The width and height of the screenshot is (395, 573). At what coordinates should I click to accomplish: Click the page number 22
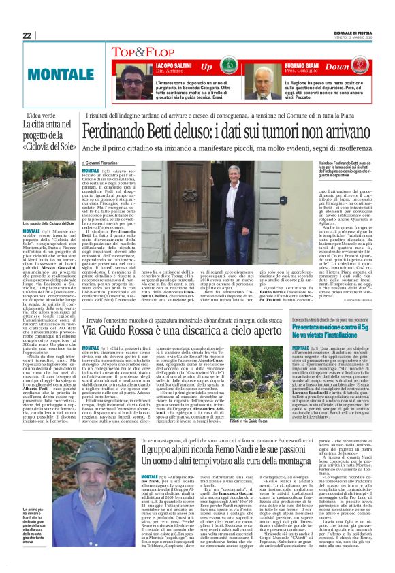tap(27, 35)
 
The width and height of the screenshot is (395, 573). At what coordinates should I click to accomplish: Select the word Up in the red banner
tap(206, 66)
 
